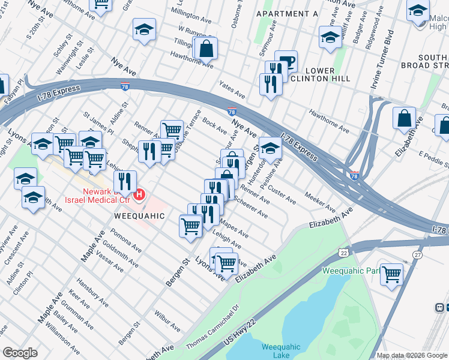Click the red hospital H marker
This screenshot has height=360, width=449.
click(x=140, y=194)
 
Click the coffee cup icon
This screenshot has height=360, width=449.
click(x=286, y=62)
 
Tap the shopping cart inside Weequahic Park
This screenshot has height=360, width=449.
click(x=391, y=274)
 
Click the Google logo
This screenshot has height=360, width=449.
click(x=20, y=353)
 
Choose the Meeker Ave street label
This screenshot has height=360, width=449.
click(x=320, y=203)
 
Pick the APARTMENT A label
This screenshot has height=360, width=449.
click(x=287, y=13)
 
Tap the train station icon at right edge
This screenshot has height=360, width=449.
click(x=441, y=307)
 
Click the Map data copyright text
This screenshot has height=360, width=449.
click(x=412, y=355)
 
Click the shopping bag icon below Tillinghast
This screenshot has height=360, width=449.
click(x=206, y=49)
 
